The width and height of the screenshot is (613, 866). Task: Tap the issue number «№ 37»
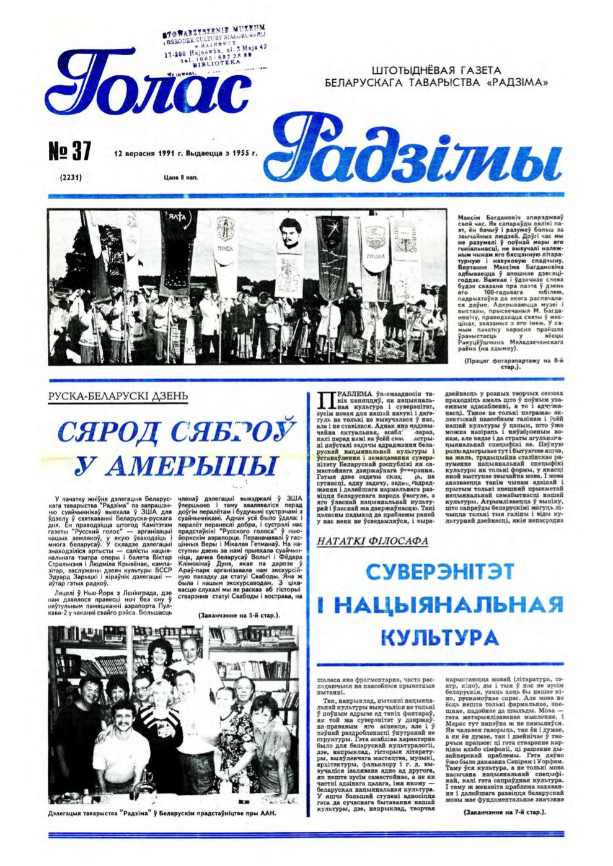tap(69, 151)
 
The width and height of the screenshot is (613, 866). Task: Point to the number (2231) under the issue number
tap(71, 178)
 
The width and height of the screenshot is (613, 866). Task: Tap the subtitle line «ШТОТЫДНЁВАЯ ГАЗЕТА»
tap(438, 70)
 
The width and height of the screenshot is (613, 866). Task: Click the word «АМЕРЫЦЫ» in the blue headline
tap(175, 464)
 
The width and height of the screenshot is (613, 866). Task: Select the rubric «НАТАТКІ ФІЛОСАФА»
tap(372, 541)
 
